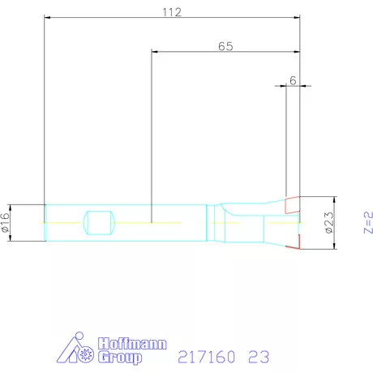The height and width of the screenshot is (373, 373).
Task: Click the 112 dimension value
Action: coord(170,12)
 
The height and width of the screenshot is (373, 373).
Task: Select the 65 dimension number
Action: coord(225,46)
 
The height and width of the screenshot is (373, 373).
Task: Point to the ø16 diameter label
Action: coord(7,221)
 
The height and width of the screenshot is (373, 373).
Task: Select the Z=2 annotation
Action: coord(367,222)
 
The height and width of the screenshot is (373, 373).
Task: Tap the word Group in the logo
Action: coord(119,357)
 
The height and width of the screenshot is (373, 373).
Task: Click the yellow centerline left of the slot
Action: coord(65,221)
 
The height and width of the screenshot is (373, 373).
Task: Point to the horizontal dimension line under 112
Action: coord(172,21)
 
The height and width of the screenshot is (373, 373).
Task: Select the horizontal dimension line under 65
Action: coord(226,54)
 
